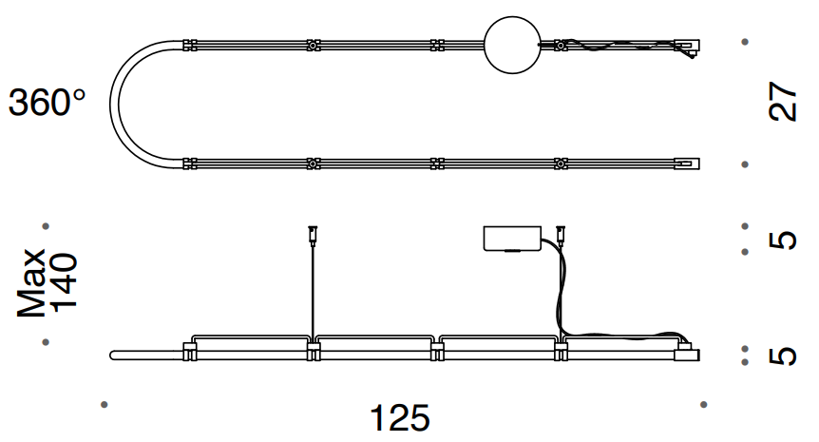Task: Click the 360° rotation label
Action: click(47, 103)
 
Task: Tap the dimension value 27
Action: click(783, 102)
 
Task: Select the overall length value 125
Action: click(400, 418)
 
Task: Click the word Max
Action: click(30, 282)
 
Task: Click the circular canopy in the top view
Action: click(512, 45)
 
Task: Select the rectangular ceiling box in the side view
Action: click(512, 239)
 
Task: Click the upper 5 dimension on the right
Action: click(783, 240)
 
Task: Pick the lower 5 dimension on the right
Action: click(783, 356)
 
